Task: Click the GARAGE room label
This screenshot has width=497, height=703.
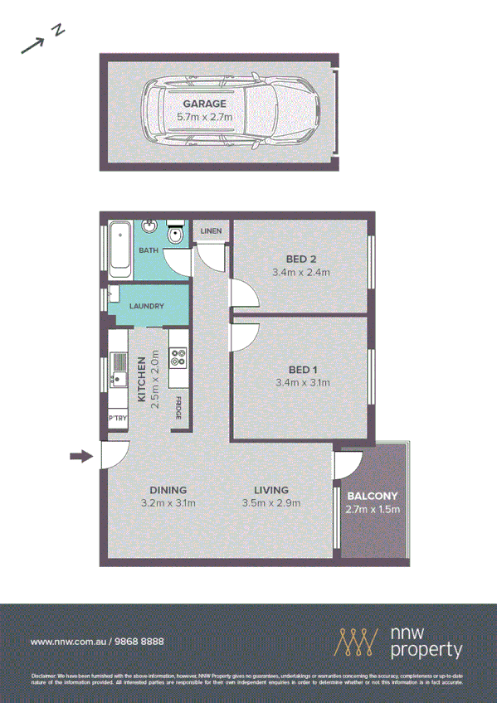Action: (x=205, y=104)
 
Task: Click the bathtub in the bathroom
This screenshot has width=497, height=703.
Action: (x=119, y=248)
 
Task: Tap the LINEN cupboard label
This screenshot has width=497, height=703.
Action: (x=210, y=230)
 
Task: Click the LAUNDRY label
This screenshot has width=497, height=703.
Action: (x=147, y=306)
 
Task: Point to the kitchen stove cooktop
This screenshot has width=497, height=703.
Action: (x=178, y=359)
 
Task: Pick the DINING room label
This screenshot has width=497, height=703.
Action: (x=168, y=490)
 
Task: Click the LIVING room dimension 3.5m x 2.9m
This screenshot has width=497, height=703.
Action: (x=270, y=503)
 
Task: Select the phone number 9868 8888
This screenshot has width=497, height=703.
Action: (x=139, y=642)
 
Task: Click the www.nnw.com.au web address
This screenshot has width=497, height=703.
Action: (x=66, y=642)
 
